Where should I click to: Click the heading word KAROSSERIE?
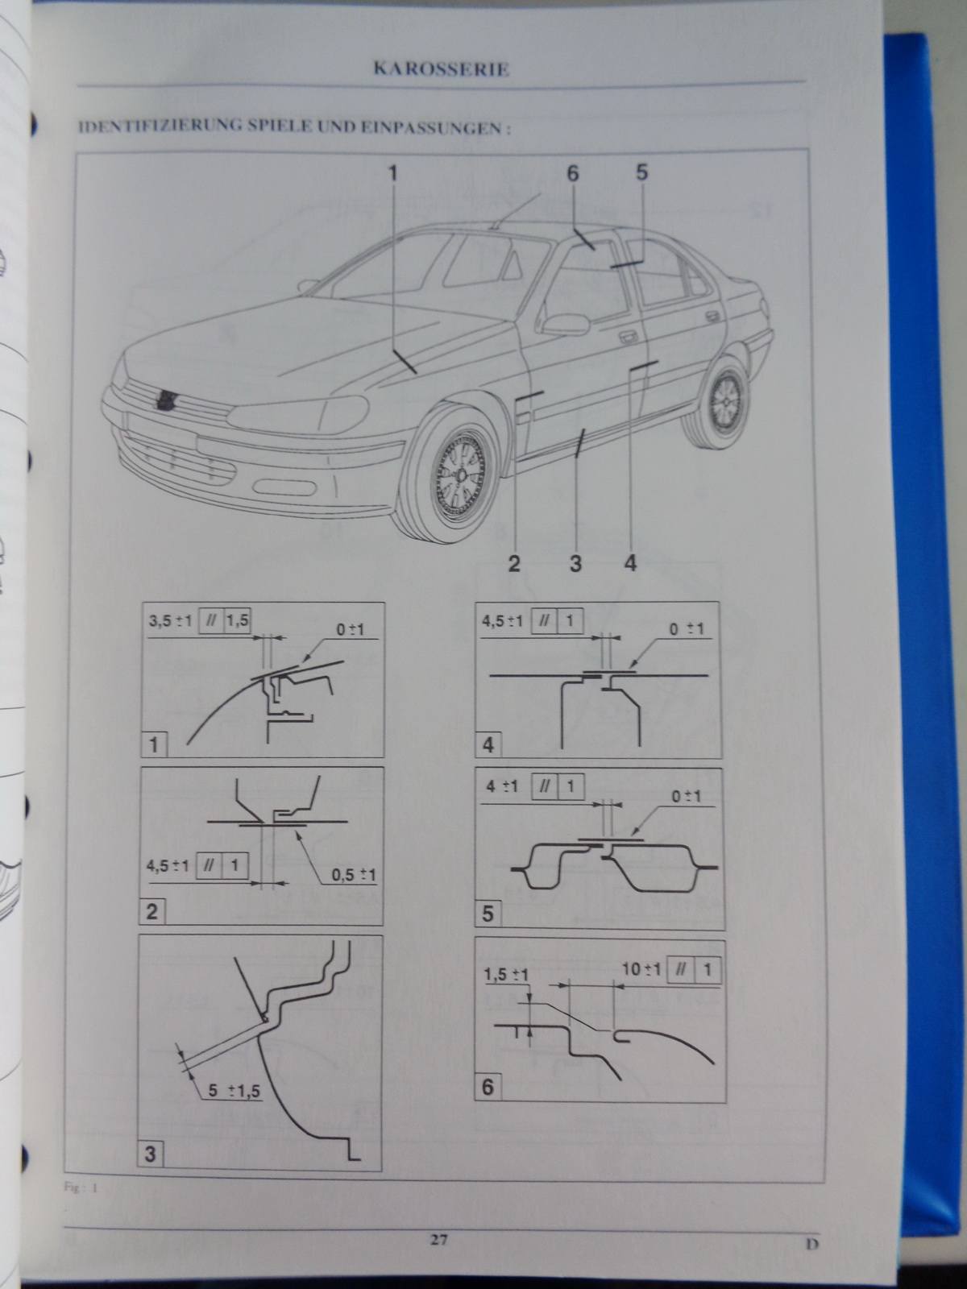(x=441, y=69)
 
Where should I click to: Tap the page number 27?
(x=438, y=1240)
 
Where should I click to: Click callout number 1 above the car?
(x=392, y=173)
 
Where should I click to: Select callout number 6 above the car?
(x=572, y=173)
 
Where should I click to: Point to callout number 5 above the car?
(x=641, y=172)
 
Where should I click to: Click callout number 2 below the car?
(x=514, y=564)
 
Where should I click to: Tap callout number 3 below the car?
(x=575, y=564)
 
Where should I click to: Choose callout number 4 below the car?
(x=630, y=564)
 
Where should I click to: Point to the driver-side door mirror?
(x=565, y=324)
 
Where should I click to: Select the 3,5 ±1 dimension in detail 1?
(x=170, y=620)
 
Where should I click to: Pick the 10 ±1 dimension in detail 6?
(x=642, y=969)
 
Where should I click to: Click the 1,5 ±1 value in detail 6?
(x=506, y=976)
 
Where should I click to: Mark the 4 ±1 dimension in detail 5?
(x=502, y=786)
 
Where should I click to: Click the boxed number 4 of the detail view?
(x=488, y=745)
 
